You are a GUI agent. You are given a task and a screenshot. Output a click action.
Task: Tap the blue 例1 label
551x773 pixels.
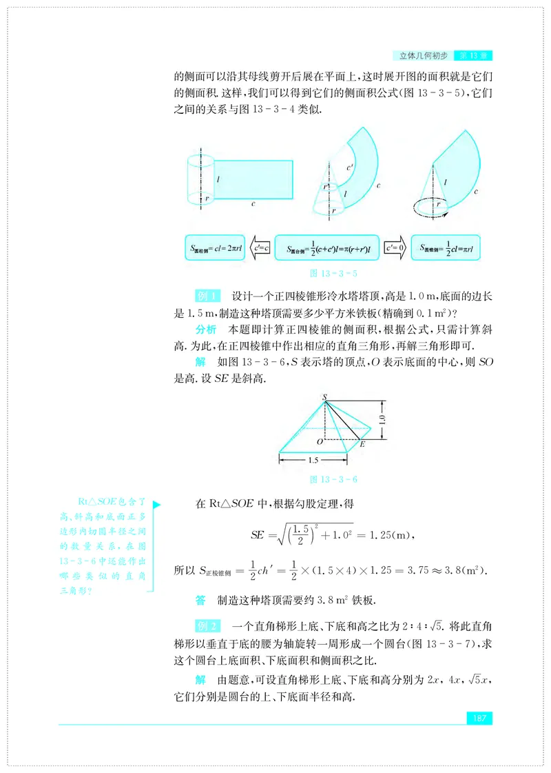click(x=207, y=296)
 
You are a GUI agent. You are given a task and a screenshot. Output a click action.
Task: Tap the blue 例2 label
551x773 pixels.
click(x=207, y=626)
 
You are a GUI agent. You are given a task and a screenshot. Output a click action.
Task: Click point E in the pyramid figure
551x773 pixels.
click(x=362, y=445)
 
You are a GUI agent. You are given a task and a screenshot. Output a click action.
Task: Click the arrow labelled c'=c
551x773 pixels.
click(x=261, y=247)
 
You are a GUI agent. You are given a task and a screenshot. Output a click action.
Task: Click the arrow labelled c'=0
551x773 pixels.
click(x=394, y=247)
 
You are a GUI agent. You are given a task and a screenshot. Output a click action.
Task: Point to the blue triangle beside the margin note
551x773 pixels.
click(x=157, y=505)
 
